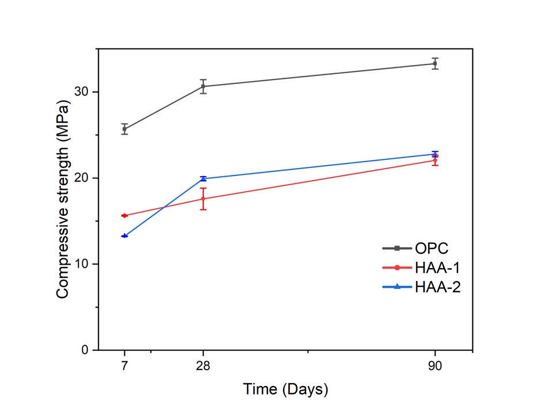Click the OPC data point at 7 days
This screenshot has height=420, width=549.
pyautogui.click(x=124, y=129)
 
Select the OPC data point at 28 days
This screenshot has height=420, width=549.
pyautogui.click(x=203, y=86)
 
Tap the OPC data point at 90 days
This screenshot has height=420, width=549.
pyautogui.click(x=435, y=63)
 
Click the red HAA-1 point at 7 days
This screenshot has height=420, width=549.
pyautogui.click(x=124, y=216)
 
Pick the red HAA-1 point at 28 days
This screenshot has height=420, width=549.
pyautogui.click(x=203, y=198)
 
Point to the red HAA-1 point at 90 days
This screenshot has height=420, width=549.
pyautogui.click(x=435, y=161)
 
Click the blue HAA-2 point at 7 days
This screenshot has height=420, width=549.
pyautogui.click(x=124, y=236)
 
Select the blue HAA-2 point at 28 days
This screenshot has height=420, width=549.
pyautogui.click(x=203, y=178)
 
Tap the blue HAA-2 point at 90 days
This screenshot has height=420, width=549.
pyautogui.click(x=435, y=154)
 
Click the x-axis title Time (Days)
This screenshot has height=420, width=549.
pyautogui.click(x=285, y=390)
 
